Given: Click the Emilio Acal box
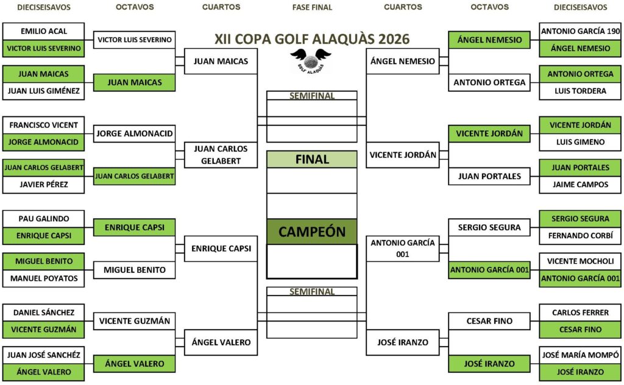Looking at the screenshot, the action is click(43, 31).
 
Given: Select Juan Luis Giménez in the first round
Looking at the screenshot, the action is click(43, 91).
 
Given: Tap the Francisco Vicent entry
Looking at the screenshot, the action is click(43, 125).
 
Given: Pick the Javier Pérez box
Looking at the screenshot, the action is click(43, 185).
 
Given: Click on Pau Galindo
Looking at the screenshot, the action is click(43, 219).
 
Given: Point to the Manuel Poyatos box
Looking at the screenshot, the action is click(43, 278).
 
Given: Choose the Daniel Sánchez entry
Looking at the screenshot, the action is click(43, 313).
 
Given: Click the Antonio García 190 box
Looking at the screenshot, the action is click(580, 31).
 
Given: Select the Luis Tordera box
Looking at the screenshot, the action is click(580, 91).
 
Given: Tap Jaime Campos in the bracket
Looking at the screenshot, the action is click(580, 185).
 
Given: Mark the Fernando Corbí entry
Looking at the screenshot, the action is click(580, 236).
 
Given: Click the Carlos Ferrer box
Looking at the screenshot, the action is click(580, 313).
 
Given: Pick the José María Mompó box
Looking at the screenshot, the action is click(580, 355).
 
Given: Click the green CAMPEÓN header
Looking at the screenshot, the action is click(312, 231).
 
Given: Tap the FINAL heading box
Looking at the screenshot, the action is click(312, 159).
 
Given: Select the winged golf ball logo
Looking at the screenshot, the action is click(310, 61).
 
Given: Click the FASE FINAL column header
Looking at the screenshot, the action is click(312, 7).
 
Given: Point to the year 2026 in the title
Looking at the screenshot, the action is click(394, 39).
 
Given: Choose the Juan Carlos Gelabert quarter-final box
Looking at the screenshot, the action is click(221, 155).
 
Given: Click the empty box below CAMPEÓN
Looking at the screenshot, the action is click(312, 261).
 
